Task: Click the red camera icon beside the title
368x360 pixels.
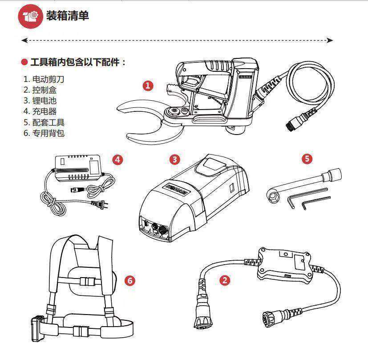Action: pos(30,16)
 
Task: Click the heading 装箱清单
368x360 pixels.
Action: pos(68,16)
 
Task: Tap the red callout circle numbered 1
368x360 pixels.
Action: pos(148,86)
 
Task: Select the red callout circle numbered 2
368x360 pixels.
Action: pos(225,280)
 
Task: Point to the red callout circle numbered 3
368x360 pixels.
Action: pos(175,159)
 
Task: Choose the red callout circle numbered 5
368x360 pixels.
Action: pos(307,159)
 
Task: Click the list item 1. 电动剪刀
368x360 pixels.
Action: pos(44,79)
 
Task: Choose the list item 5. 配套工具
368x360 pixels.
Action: pos(44,122)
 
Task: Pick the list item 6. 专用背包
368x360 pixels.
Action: pos(44,133)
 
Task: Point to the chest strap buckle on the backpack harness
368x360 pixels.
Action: pos(88,282)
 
